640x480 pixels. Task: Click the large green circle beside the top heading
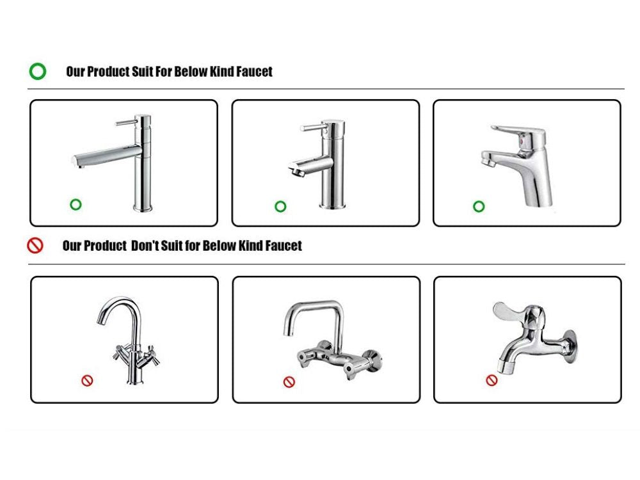point(38,63)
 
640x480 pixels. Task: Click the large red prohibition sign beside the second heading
point(35,246)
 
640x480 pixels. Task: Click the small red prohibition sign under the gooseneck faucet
point(87,381)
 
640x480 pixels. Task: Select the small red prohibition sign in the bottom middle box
point(289,382)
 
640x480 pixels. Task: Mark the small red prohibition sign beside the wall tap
point(492,380)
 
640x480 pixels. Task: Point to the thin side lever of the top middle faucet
point(312,128)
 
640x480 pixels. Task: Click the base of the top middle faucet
point(332,205)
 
